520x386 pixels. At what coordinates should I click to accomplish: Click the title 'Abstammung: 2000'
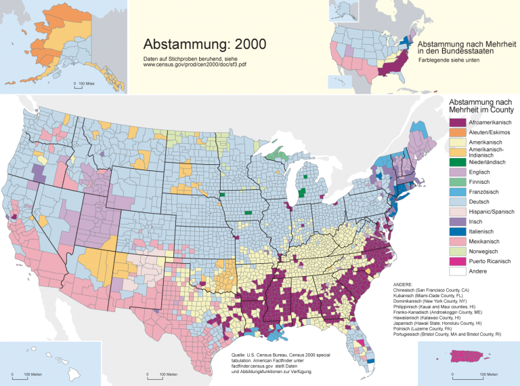click(x=204, y=44)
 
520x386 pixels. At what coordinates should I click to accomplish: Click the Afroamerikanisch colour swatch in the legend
click(x=458, y=122)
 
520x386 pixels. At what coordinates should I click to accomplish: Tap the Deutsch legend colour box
click(x=458, y=202)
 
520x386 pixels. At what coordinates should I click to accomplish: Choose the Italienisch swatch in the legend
click(x=458, y=231)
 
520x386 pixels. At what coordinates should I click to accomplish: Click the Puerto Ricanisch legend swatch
click(x=458, y=261)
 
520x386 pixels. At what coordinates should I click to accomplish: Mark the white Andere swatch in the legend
click(x=458, y=271)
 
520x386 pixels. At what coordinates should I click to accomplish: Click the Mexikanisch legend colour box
click(x=458, y=242)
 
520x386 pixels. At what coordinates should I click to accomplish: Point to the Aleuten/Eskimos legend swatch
click(x=458, y=133)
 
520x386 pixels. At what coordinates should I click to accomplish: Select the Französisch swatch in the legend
click(x=458, y=192)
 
